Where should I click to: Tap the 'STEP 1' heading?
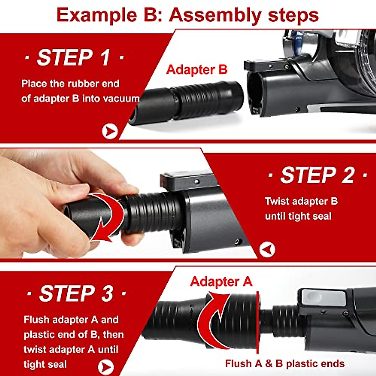[74, 58]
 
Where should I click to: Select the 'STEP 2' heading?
[317, 175]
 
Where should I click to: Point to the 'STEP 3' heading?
[76, 294]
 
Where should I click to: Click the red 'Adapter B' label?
[196, 70]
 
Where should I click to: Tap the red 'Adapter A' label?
[221, 281]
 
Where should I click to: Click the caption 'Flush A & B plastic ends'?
[285, 363]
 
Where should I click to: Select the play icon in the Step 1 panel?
[110, 132]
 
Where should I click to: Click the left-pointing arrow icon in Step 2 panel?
[267, 250]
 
